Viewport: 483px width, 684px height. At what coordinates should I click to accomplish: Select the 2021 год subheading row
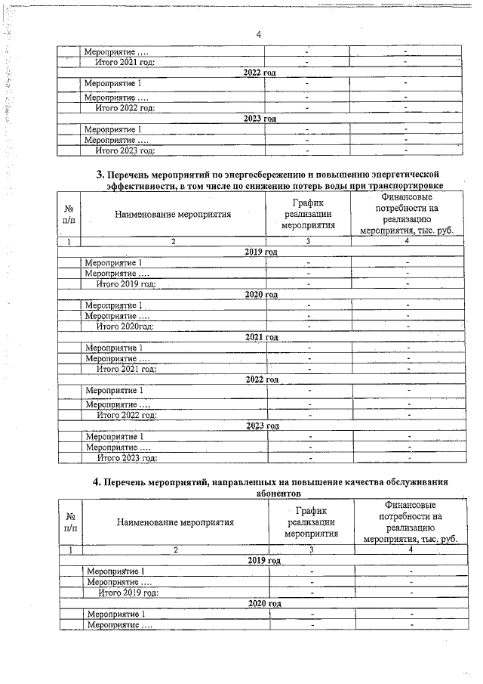262,336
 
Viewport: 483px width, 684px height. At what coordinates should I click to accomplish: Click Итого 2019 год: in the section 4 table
128,593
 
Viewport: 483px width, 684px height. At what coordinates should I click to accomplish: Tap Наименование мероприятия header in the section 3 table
173,214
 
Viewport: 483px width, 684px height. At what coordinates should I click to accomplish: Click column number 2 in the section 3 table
173,241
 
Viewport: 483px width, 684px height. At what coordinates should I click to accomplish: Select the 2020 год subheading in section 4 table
264,605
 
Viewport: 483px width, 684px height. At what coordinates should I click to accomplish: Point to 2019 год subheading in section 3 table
262,252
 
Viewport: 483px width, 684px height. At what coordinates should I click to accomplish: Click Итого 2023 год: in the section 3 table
126,457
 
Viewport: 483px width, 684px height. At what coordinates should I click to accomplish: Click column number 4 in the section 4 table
411,549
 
